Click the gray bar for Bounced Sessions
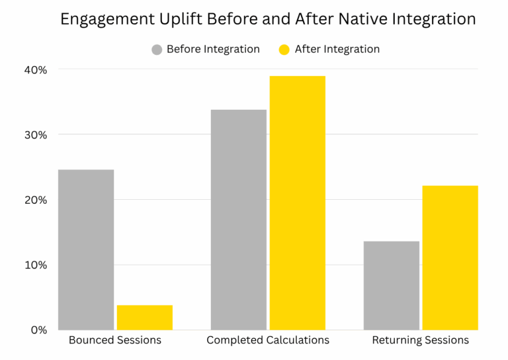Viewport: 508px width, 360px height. click(x=86, y=249)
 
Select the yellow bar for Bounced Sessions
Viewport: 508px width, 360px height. click(x=145, y=318)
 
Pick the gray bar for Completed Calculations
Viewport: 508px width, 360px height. click(x=238, y=220)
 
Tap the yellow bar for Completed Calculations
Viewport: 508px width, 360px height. click(x=297, y=202)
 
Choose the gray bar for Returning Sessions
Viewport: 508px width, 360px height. click(x=392, y=285)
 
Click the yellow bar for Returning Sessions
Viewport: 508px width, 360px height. click(x=450, y=257)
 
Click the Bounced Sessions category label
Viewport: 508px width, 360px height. click(x=115, y=340)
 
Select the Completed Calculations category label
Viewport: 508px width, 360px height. click(x=268, y=340)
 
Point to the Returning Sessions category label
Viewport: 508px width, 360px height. click(x=421, y=340)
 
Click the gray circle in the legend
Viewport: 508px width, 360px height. click(x=157, y=50)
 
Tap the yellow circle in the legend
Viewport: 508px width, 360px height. click(x=285, y=50)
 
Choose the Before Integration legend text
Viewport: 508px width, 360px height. click(x=213, y=49)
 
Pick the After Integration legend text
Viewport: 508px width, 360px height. click(x=337, y=49)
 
